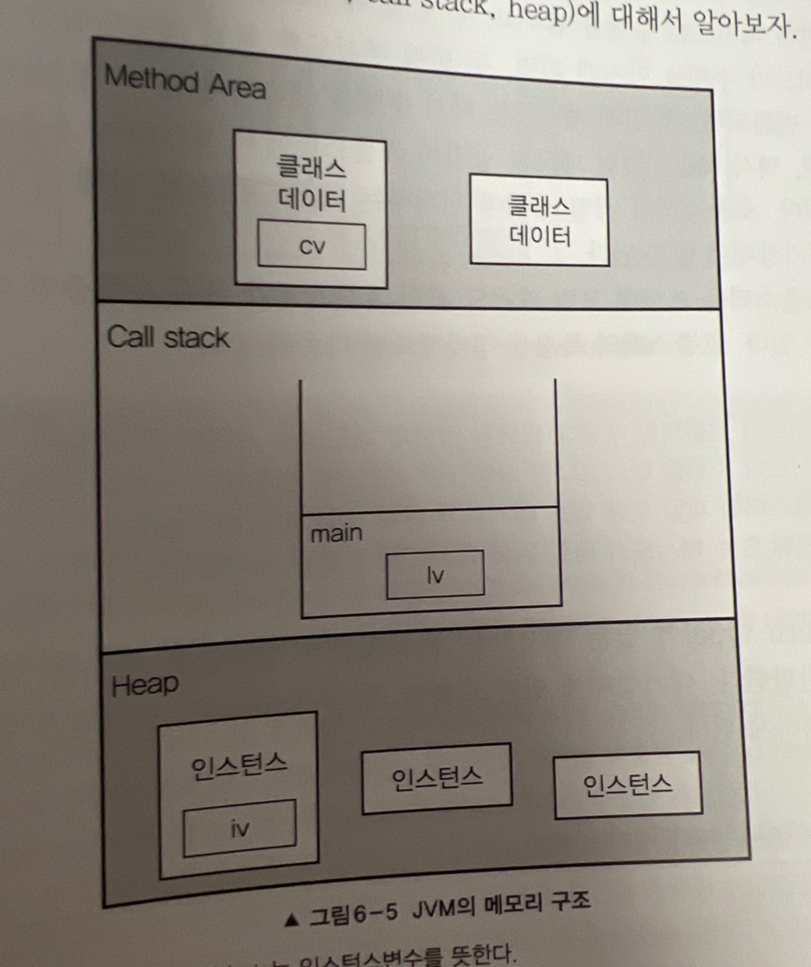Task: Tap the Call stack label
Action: tap(167, 338)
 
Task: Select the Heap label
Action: tap(144, 685)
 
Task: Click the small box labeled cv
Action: tap(312, 246)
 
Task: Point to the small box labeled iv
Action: tap(240, 825)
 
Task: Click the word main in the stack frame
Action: tap(336, 534)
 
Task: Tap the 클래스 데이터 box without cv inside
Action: tap(539, 220)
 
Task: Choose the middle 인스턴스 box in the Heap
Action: tap(437, 778)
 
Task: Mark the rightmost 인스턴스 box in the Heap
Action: tap(628, 785)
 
